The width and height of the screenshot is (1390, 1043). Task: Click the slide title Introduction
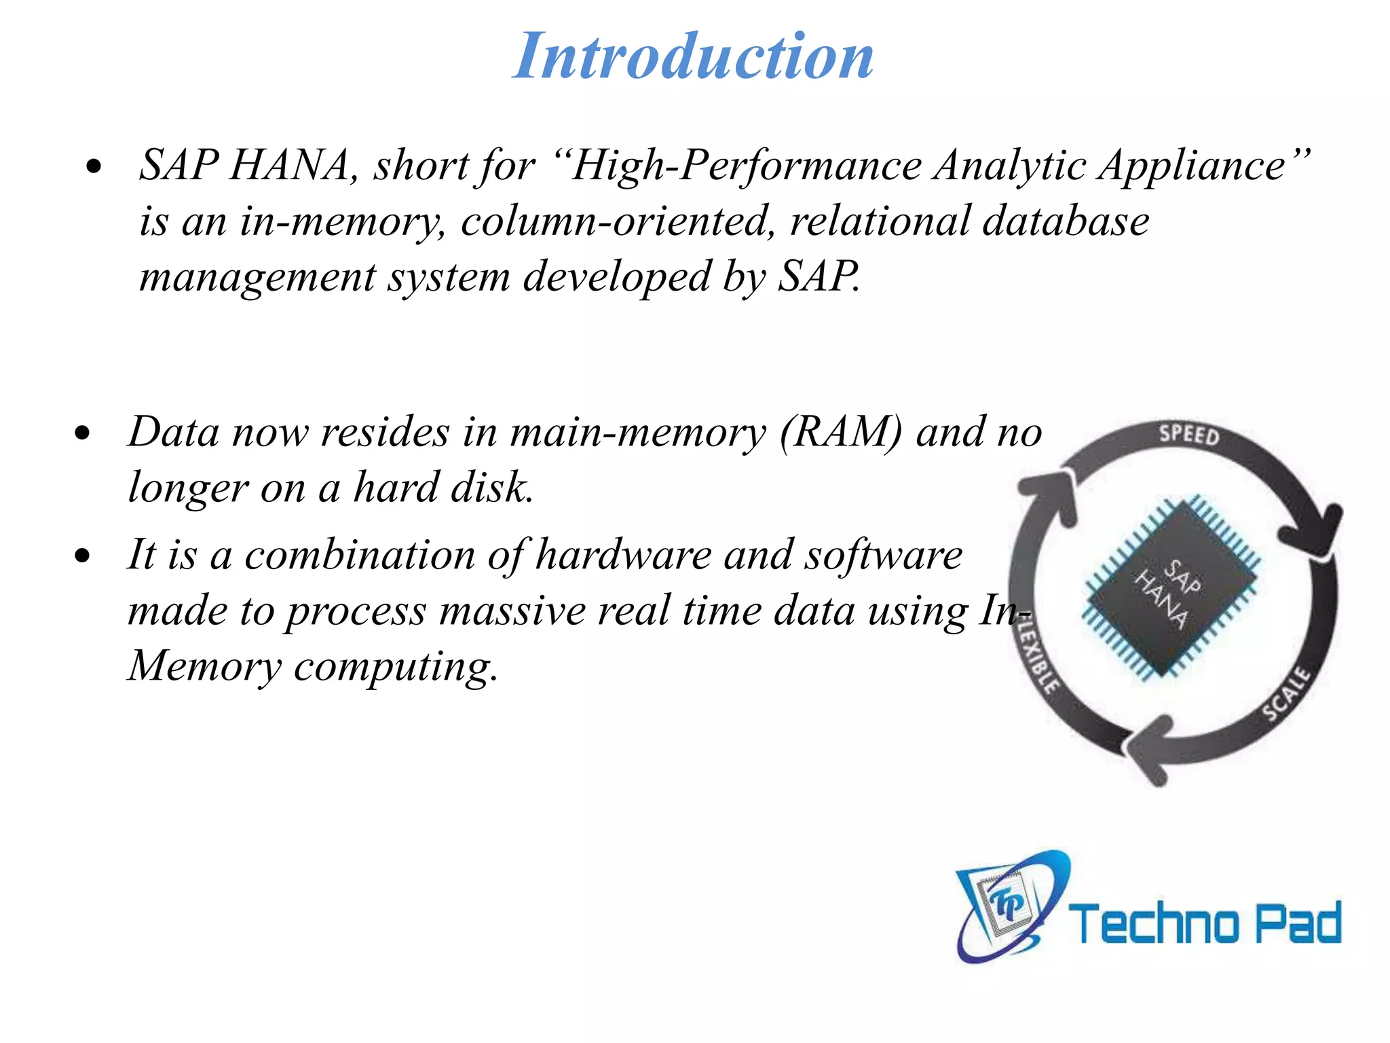(x=693, y=57)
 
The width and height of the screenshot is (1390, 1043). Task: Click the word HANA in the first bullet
(x=288, y=165)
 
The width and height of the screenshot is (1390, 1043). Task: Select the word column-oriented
(x=617, y=221)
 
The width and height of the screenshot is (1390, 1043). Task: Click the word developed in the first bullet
(x=616, y=277)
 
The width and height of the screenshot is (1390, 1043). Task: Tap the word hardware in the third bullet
(x=623, y=555)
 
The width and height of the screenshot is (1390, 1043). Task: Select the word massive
(x=512, y=610)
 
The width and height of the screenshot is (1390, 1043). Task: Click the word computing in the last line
(x=395, y=666)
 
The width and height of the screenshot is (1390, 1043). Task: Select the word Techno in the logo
(x=1154, y=923)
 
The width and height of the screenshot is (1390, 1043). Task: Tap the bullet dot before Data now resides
(x=83, y=434)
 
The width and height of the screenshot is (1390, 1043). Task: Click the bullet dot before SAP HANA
(x=94, y=166)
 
